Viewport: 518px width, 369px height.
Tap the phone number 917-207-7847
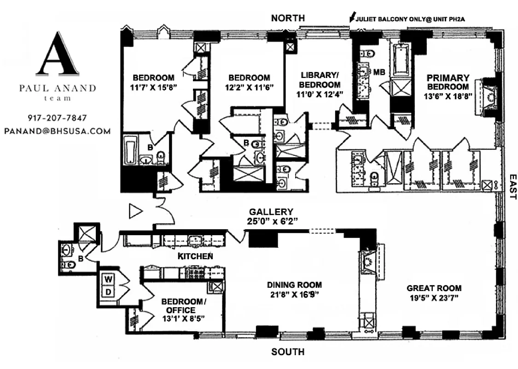coord(58,118)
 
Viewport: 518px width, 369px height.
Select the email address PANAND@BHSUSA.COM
coord(58,131)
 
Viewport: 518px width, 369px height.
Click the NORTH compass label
coord(288,18)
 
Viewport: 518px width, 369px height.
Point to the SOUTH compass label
coord(288,352)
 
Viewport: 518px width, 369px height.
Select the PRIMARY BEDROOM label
coord(448,78)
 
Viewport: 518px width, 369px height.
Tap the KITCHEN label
coord(195,256)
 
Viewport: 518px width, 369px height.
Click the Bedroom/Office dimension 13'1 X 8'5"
coord(183,318)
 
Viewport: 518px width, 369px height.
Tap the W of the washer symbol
coord(109,280)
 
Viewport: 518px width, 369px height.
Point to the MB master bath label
coord(378,71)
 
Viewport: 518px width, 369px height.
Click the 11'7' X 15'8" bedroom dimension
coord(153,87)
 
